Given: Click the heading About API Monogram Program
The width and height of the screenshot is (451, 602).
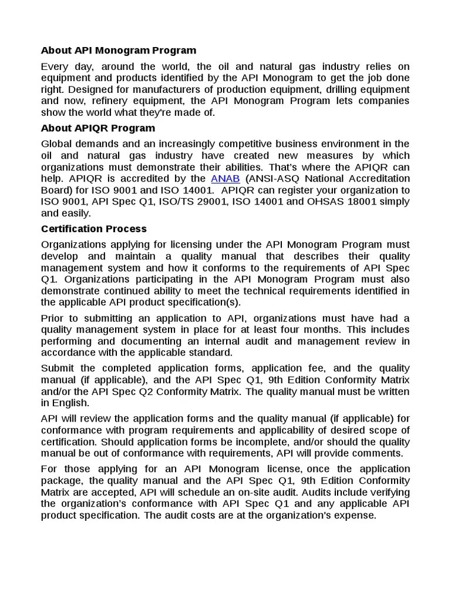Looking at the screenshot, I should tap(119, 51).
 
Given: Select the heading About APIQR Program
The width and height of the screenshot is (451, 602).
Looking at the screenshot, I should tap(98, 128).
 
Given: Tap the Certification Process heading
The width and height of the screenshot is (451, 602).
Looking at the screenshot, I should tap(94, 229).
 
